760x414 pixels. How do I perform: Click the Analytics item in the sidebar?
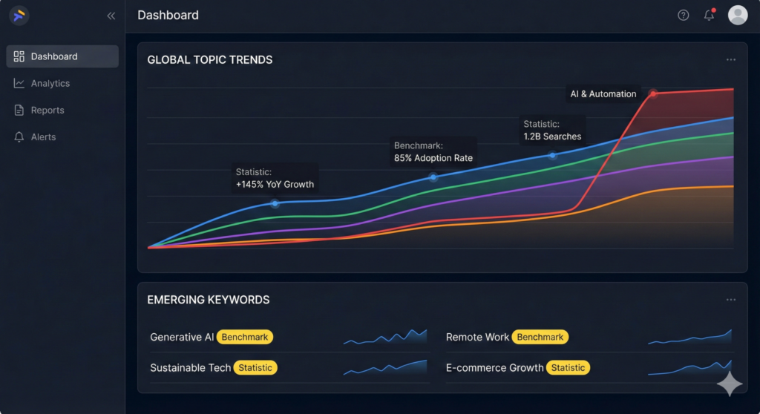[50, 84]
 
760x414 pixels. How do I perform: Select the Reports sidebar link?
[47, 111]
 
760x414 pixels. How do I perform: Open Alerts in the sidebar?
[43, 137]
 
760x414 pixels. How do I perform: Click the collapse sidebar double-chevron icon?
[111, 16]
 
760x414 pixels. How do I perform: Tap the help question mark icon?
[684, 16]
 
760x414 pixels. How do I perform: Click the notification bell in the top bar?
[709, 16]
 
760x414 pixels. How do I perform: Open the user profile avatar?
[738, 16]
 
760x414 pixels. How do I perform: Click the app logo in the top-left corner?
[19, 15]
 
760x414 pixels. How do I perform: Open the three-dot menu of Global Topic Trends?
[731, 60]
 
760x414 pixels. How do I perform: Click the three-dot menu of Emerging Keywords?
[731, 300]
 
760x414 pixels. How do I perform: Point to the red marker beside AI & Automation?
[653, 93]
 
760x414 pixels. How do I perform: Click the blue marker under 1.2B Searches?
[552, 156]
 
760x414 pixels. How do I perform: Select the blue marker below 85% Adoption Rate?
[433, 177]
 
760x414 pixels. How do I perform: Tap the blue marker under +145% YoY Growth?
[275, 203]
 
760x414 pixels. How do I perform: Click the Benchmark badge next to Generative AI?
[245, 337]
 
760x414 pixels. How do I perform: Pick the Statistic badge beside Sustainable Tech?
[255, 368]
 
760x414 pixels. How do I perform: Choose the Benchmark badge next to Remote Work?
[540, 337]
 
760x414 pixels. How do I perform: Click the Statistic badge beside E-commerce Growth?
[568, 368]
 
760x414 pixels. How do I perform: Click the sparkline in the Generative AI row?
[386, 337]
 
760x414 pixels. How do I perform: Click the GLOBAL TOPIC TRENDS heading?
[210, 60]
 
